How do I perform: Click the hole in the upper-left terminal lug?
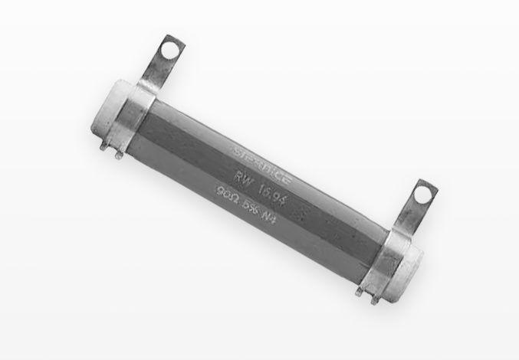click(174, 51)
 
